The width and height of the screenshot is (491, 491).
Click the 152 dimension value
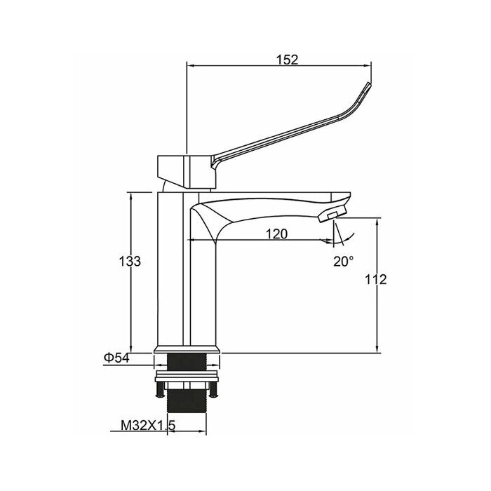click(x=287, y=60)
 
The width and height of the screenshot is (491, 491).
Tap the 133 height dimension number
click(x=130, y=261)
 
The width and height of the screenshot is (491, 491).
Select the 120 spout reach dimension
click(x=276, y=234)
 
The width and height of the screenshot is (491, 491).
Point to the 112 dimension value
click(x=376, y=279)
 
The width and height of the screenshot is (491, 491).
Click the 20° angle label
click(x=344, y=261)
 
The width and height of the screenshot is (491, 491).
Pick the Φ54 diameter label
click(x=116, y=358)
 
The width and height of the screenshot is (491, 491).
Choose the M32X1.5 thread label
click(x=148, y=425)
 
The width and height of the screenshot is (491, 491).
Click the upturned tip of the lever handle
click(x=368, y=85)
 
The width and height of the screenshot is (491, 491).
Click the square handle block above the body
click(x=186, y=172)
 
